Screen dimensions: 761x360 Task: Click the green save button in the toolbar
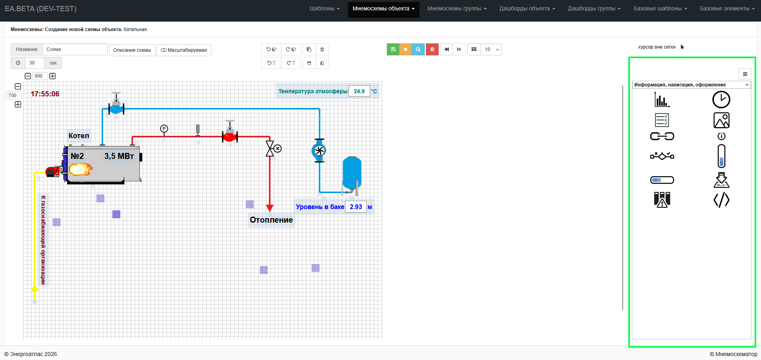[393, 49]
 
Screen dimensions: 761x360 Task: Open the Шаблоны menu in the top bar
[325, 8]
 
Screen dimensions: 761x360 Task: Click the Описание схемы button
[132, 50]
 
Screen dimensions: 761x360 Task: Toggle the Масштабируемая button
[184, 50]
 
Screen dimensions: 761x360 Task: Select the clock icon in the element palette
[721, 100]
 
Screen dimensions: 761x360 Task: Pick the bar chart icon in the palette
[662, 100]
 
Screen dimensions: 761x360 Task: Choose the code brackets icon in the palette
[721, 200]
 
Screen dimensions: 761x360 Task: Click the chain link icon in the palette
[662, 136]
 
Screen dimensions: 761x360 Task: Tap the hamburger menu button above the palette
[745, 74]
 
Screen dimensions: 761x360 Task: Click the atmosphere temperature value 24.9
[359, 91]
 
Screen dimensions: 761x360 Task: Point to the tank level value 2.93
[356, 207]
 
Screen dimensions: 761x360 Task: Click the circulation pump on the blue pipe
[319, 151]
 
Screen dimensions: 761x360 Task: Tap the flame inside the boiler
[80, 169]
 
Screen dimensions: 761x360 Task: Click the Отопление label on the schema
[271, 220]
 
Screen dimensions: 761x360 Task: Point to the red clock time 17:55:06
[45, 94]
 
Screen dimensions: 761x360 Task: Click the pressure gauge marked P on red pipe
[164, 129]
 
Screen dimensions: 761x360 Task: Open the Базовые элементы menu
[727, 8]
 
